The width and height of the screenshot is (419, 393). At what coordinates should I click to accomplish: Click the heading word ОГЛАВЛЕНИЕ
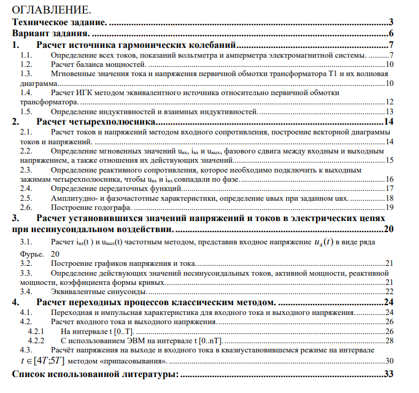[51, 10]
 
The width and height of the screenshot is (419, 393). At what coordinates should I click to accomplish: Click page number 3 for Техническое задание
[390, 22]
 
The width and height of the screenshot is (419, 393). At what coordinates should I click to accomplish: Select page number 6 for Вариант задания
[390, 33]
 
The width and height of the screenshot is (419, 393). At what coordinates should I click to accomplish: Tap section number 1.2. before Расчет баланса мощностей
[28, 64]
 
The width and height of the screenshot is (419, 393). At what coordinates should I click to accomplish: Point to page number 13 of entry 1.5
[389, 112]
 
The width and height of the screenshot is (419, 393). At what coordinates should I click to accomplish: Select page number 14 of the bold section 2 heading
[388, 122]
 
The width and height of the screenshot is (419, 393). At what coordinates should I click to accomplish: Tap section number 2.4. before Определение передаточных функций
[28, 189]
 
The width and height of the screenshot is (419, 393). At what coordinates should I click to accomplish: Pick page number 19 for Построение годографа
[389, 208]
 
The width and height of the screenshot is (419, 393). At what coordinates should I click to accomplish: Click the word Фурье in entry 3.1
[31, 254]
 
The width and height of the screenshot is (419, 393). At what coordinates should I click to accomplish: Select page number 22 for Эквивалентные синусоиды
[389, 292]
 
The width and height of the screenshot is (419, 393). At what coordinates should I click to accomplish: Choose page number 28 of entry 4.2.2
[389, 340]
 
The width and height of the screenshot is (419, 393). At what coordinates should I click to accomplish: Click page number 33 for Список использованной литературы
[388, 373]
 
